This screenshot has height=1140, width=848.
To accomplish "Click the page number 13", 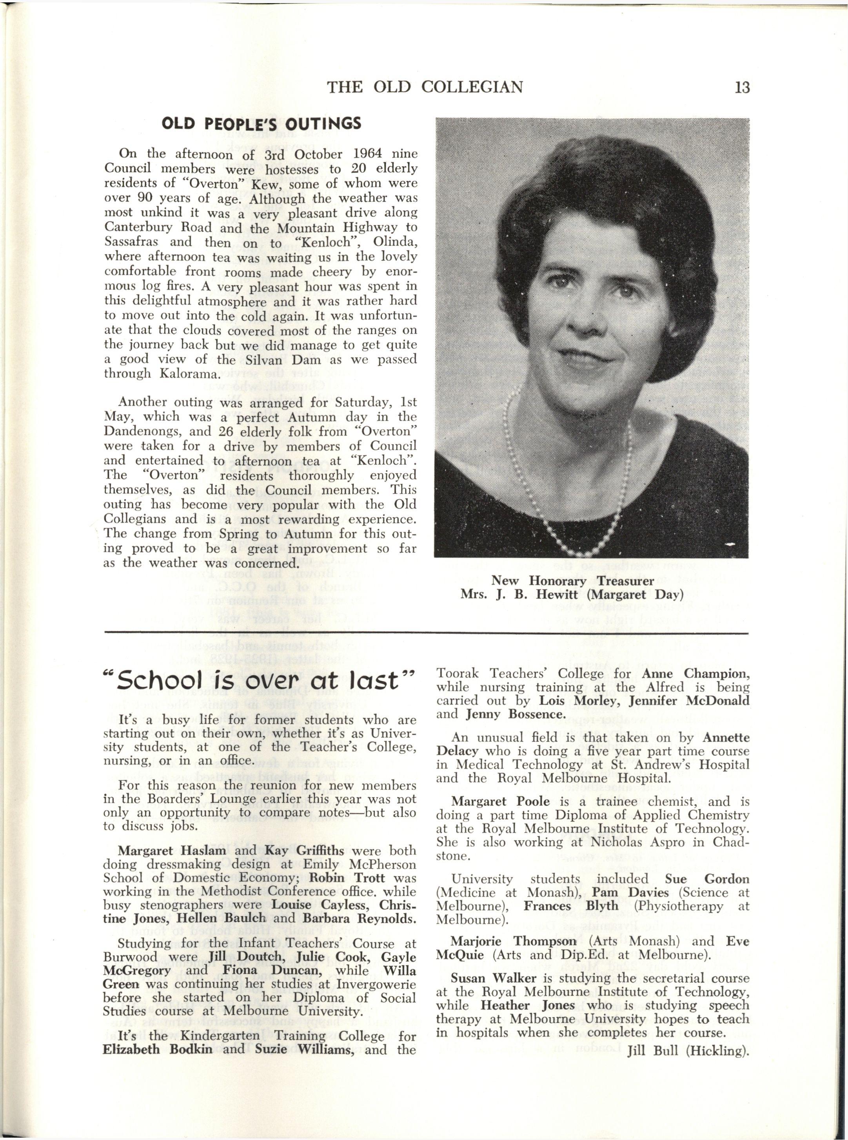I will [x=742, y=87].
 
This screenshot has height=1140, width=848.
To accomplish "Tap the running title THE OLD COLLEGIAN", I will [x=425, y=87].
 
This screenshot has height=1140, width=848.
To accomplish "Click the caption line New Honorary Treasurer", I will [x=572, y=580].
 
